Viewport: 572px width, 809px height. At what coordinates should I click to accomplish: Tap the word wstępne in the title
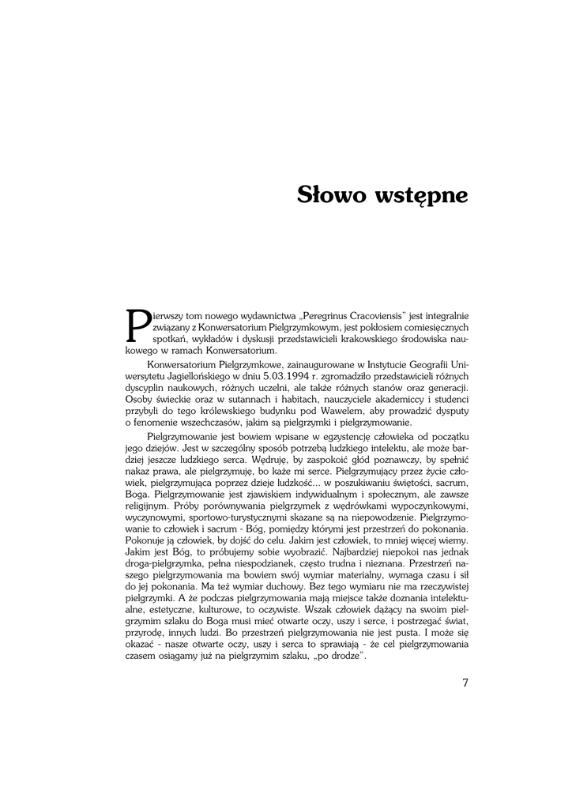pyautogui.click(x=424, y=195)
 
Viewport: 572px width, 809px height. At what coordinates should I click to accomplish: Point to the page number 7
pyautogui.click(x=465, y=683)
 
